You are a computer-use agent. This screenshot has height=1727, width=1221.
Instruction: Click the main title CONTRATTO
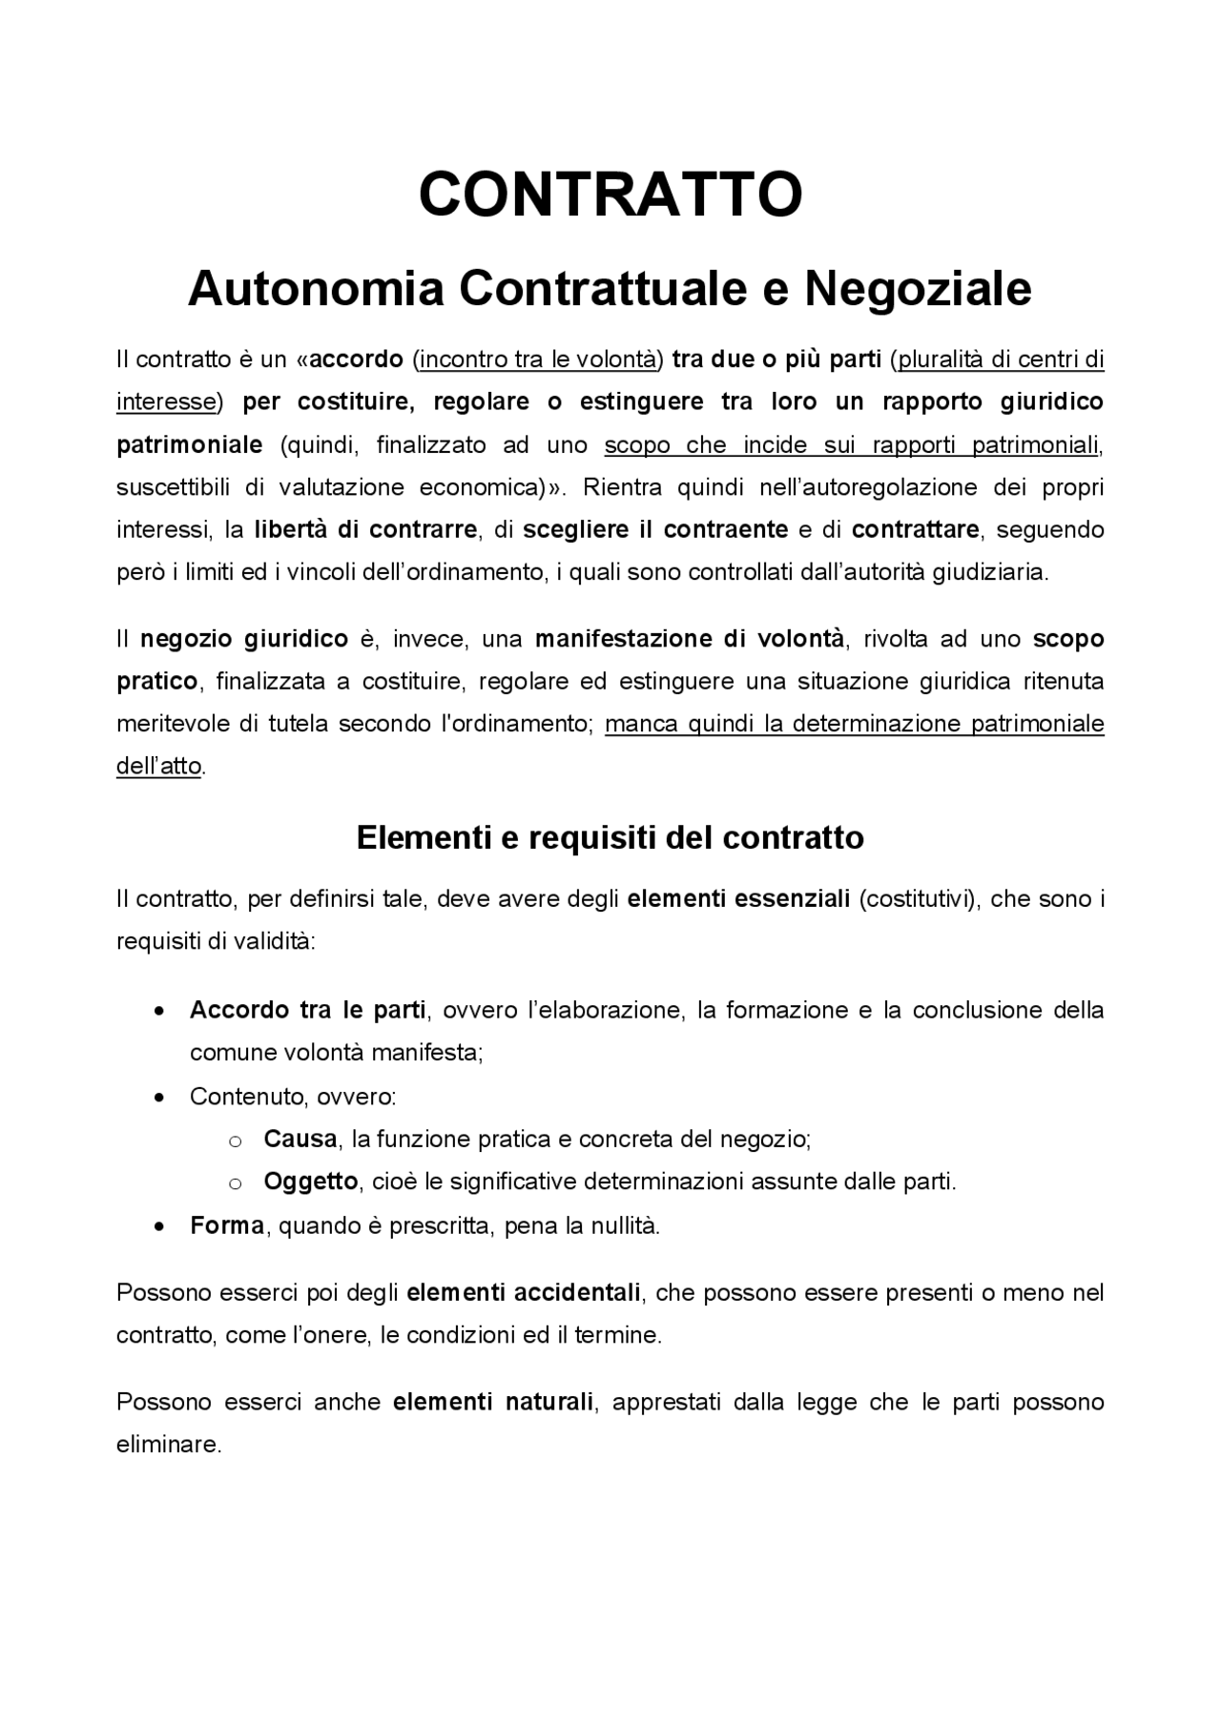pos(610,194)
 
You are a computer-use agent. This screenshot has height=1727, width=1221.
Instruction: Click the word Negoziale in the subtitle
pos(918,289)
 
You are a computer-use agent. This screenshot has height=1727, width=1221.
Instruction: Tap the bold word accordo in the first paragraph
pos(358,360)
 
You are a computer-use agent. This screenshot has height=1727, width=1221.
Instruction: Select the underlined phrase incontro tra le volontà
pos(538,360)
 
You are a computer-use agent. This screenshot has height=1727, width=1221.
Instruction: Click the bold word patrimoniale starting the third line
pos(189,444)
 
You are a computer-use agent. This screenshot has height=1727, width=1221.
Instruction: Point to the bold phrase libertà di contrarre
pos(365,529)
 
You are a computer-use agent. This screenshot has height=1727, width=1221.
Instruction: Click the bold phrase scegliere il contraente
pos(655,529)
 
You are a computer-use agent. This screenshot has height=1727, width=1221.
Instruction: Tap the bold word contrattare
pos(915,529)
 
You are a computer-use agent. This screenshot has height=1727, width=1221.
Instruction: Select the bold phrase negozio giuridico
pos(244,639)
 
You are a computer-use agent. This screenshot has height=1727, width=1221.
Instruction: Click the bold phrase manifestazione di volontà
pos(689,639)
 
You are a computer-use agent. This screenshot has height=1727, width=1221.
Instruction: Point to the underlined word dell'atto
pos(158,766)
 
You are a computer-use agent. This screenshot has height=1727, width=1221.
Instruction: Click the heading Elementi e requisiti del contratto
pos(610,837)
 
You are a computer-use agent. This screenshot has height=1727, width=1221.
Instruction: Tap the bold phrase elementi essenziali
pos(737,898)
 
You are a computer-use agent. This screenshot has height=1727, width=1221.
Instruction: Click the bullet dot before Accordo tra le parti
pos(160,1011)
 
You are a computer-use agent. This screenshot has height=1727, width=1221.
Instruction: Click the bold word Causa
pos(300,1139)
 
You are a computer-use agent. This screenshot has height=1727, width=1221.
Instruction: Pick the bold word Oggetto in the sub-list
pos(310,1182)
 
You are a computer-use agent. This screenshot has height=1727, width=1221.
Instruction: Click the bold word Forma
pos(226,1225)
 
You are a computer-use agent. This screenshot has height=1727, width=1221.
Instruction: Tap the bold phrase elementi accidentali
pos(523,1293)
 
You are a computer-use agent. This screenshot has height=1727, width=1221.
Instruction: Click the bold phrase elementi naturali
pos(492,1402)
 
